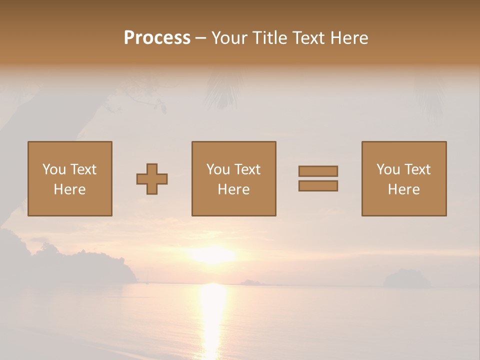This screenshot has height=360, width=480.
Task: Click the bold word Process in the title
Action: pos(157,38)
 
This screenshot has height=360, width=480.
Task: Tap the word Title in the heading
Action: pos(269,38)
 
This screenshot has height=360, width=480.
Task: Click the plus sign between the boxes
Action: pos(152,179)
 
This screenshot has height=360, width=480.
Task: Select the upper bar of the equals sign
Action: pos(318,171)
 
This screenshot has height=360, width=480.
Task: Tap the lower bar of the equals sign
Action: pos(318,185)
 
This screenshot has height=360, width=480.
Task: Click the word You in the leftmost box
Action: pos(53,169)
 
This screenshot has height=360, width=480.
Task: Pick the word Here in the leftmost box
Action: pos(69,189)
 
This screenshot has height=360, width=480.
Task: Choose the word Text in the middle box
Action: pos(247,169)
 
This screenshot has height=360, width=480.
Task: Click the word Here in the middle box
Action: pos(233,189)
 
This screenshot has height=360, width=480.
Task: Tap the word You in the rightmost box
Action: pos(387,169)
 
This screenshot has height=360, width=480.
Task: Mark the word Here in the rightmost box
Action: pos(403,189)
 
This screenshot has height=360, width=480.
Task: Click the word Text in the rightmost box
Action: pos(417,169)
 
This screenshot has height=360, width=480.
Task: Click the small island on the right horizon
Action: pos(406,278)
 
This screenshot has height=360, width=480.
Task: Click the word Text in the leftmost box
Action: pos(83,169)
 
